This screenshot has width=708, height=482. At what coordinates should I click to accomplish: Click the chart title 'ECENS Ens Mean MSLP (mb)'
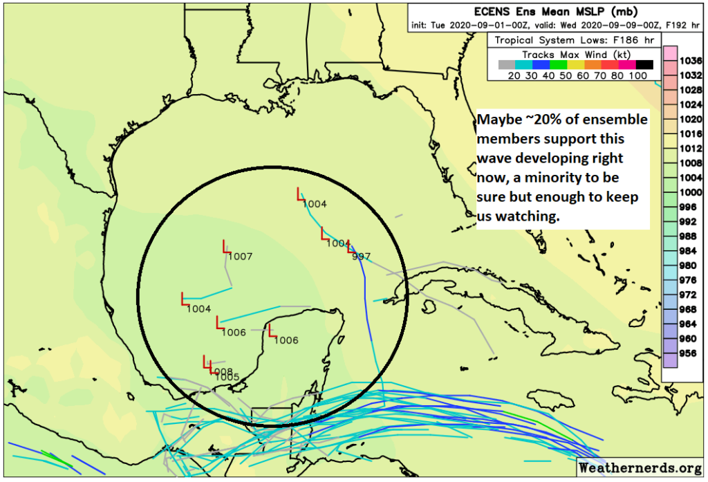pos(555,12)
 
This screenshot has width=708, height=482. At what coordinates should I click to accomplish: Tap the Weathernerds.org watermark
pos(641,468)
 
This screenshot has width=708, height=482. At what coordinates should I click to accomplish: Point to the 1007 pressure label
pos(239,257)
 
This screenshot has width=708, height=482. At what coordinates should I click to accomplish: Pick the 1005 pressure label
pos(227,378)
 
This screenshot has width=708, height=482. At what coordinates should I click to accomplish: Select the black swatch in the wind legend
pos(644,65)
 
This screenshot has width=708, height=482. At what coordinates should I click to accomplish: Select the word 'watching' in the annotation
pos(527,216)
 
